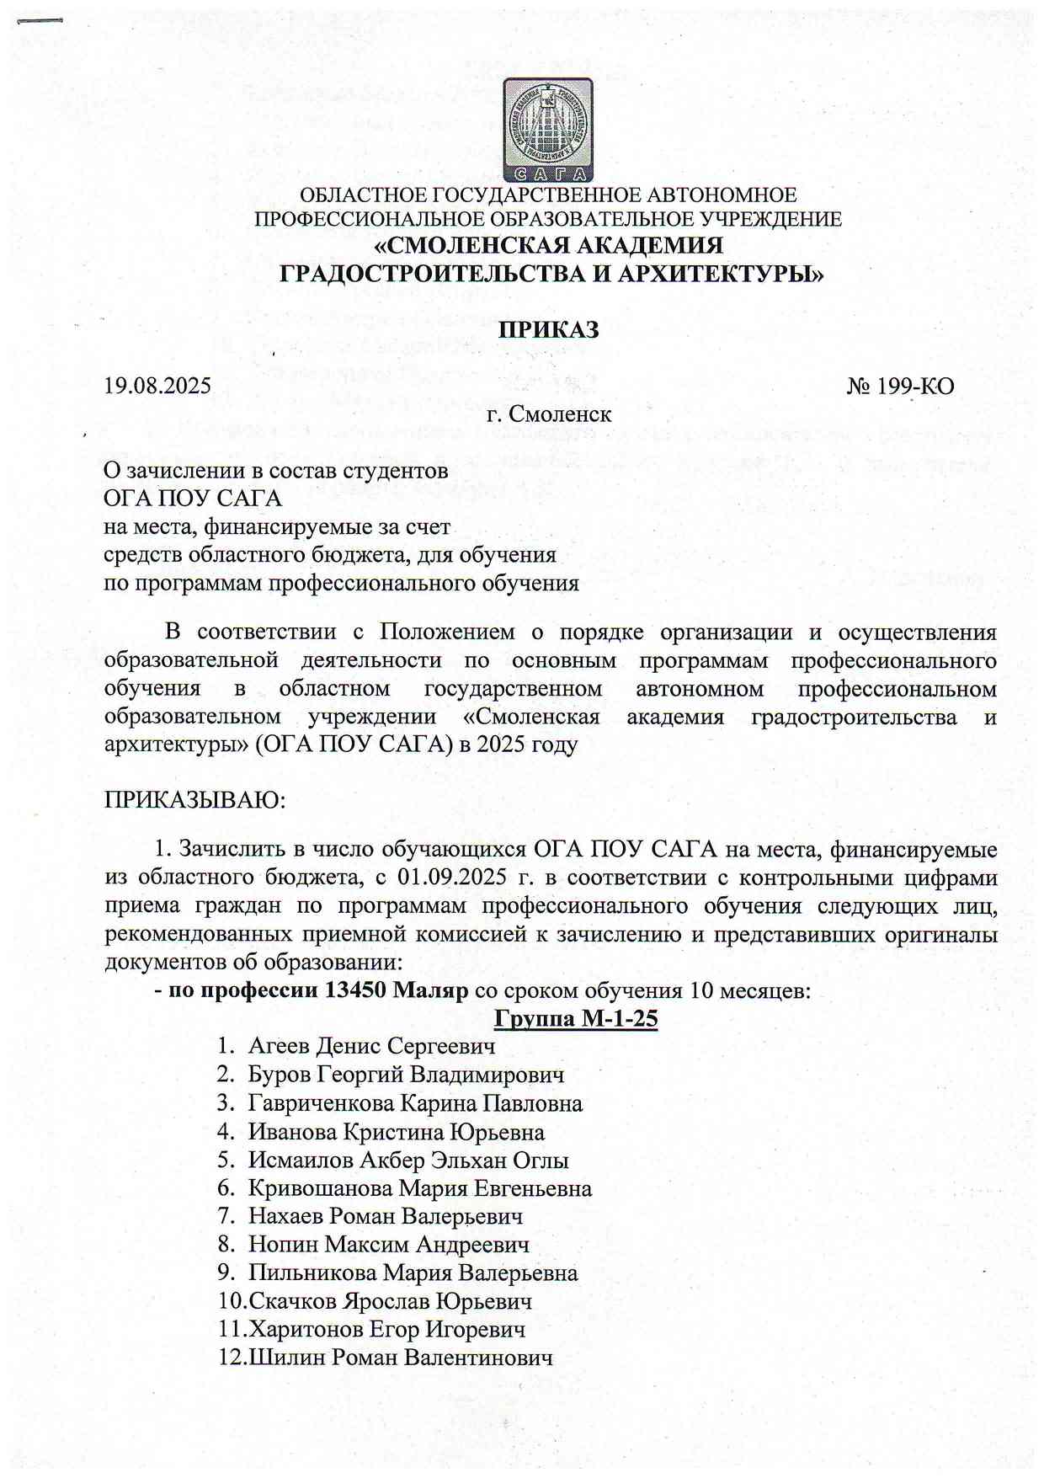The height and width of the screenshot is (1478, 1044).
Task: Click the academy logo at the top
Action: (547, 130)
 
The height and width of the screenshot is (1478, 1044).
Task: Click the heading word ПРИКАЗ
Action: (548, 329)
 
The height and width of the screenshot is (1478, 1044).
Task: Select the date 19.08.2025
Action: (157, 386)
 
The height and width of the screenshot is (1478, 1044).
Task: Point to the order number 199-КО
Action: (901, 387)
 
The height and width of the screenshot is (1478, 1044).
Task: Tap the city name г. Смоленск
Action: (549, 414)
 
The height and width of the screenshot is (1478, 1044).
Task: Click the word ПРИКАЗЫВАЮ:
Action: (194, 799)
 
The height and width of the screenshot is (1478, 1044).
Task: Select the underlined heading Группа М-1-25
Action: (575, 1018)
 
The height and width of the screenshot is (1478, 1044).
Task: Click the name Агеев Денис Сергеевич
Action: (371, 1046)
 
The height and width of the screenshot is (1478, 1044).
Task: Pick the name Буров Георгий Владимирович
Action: (406, 1075)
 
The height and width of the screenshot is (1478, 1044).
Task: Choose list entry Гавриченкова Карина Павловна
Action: (415, 1103)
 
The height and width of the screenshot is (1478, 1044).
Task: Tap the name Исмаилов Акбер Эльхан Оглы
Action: (408, 1161)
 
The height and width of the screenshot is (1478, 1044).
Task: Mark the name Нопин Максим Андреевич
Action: (389, 1245)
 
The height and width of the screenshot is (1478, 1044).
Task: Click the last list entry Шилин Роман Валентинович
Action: (400, 1358)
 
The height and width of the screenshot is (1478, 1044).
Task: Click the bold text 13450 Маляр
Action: (396, 990)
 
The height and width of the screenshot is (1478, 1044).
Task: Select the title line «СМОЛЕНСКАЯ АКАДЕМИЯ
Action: (548, 246)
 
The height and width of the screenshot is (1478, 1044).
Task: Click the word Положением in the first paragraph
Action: (447, 632)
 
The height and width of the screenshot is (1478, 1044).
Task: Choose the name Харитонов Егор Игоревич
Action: (386, 1330)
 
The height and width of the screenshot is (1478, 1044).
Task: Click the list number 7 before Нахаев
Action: (225, 1217)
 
